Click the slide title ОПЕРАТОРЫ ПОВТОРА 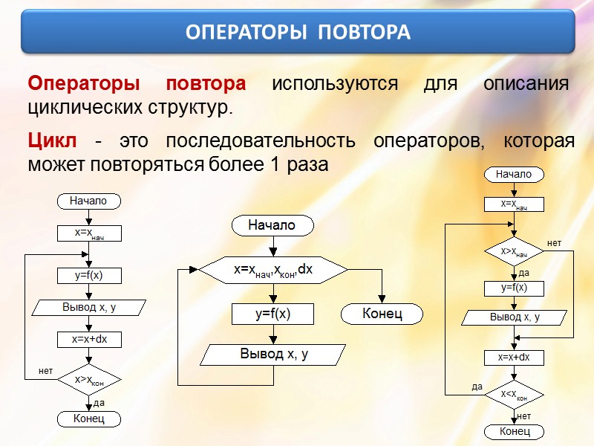[297, 33]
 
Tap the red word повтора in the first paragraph [206, 83]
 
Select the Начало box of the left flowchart [88, 201]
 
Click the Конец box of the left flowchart [88, 419]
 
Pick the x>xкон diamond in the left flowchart [88, 380]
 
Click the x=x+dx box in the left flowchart [89, 339]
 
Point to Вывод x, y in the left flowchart [89, 307]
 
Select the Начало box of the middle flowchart [272, 224]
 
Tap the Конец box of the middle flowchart [382, 314]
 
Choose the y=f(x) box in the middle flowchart [273, 314]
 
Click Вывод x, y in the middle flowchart [273, 355]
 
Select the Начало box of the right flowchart [514, 174]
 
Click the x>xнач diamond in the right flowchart [514, 252]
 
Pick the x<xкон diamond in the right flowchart [514, 394]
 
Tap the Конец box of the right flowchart [514, 432]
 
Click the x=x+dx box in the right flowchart [514, 358]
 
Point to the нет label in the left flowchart [45, 369]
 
